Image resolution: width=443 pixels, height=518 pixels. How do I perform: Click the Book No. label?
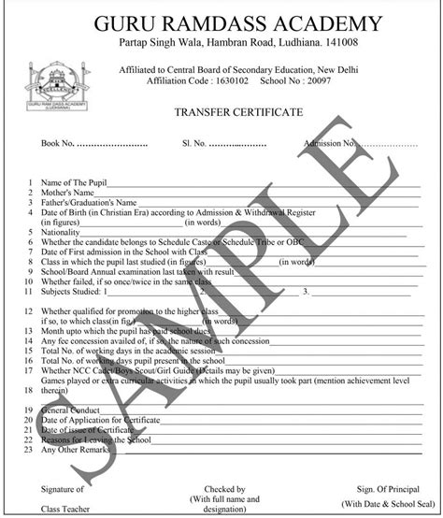57,144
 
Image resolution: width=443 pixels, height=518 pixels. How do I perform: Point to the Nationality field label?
60,231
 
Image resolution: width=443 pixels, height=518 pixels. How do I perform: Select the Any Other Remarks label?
76,451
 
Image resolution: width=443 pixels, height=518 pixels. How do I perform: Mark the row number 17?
32,370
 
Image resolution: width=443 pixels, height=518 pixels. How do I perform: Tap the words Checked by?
224,489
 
